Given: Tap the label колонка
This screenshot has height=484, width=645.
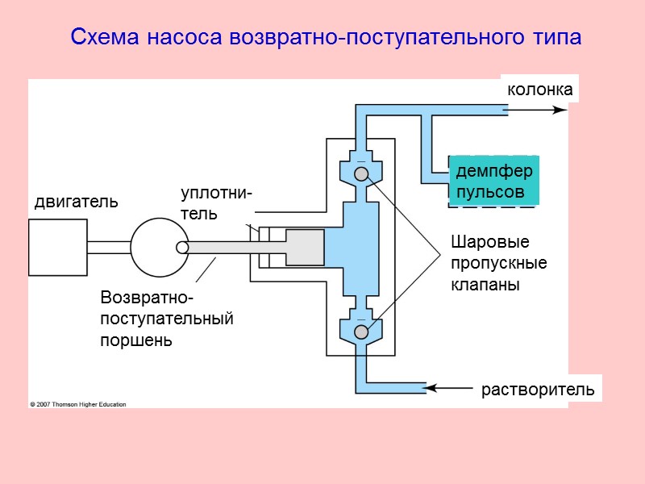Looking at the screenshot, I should click(539, 90).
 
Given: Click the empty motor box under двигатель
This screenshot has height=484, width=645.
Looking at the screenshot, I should click(57, 247).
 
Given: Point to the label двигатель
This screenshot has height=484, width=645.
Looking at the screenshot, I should click(76, 202).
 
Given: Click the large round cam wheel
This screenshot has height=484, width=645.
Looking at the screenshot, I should click(159, 247).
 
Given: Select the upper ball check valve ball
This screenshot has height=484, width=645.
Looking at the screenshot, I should click(361, 173).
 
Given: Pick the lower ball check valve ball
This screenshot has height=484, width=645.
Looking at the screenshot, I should click(361, 332).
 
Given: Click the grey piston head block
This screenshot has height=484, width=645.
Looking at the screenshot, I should click(305, 248).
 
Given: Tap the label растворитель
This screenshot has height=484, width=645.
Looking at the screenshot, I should click(538, 390).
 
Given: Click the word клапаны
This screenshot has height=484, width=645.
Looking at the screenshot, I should click(485, 285).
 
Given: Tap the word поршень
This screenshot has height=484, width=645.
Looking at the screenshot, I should click(135, 340).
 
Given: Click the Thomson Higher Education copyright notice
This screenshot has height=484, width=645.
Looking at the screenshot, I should click(78, 404).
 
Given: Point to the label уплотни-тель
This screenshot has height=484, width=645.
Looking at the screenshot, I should click(215, 203).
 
